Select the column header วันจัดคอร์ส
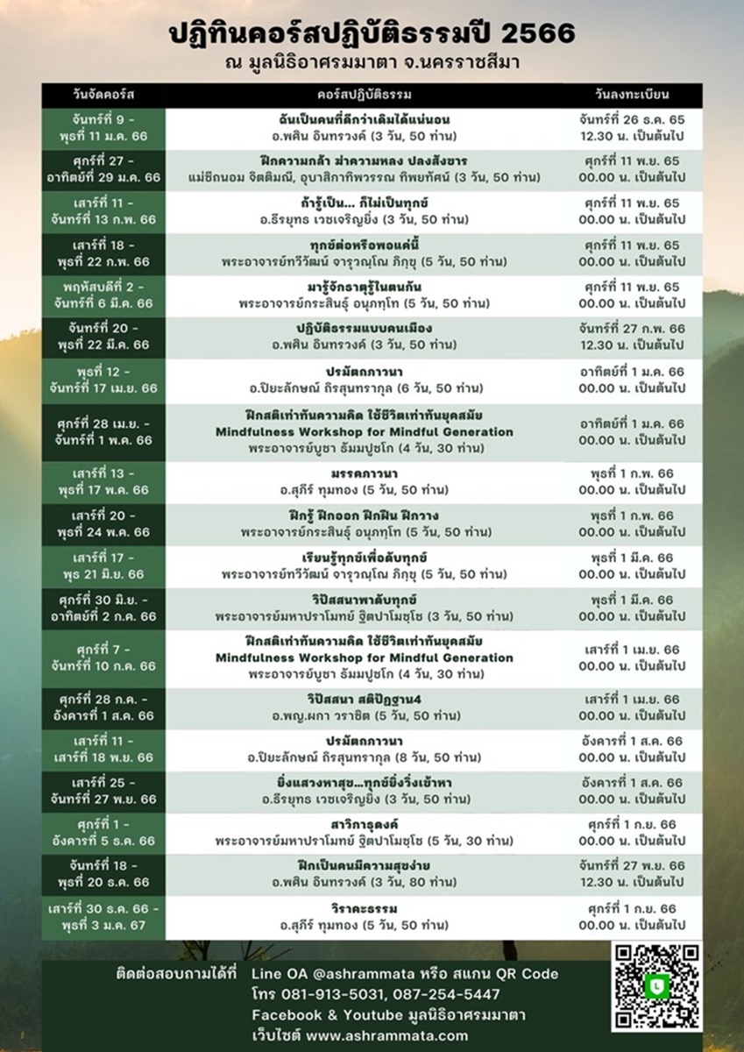[103, 94]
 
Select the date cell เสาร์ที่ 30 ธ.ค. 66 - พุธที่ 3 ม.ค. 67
[103, 917]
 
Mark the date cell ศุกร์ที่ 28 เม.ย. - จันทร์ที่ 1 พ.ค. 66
[103, 432]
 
